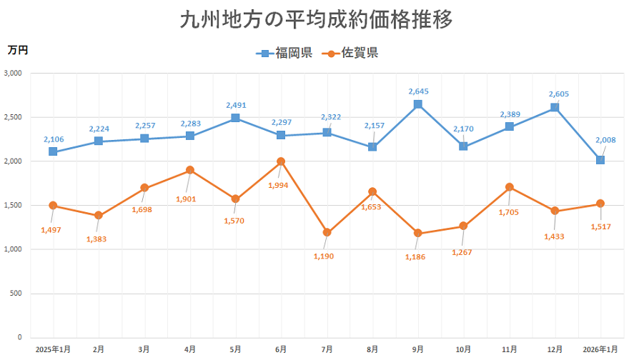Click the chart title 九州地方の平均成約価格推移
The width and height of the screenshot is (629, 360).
pos(315,19)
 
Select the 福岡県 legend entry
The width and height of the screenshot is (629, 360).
pos(284,53)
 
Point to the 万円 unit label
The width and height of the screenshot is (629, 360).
pos(18,50)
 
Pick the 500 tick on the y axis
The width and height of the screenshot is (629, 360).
pos(17,294)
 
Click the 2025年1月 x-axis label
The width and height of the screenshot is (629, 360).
pos(53,349)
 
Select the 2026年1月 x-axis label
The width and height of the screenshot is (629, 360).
pos(600,349)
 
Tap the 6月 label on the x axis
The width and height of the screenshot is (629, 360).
pos(281,349)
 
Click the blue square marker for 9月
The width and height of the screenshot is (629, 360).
pos(418,104)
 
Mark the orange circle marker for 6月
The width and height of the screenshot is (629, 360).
pos(281,161)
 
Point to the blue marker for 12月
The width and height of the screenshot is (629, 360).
pos(555,108)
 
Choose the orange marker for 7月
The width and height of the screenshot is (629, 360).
pos(327,232)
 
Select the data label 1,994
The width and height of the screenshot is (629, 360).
pos(280,186)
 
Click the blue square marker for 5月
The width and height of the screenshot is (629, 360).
pos(235,118)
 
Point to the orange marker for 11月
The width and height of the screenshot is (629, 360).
pos(509,187)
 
